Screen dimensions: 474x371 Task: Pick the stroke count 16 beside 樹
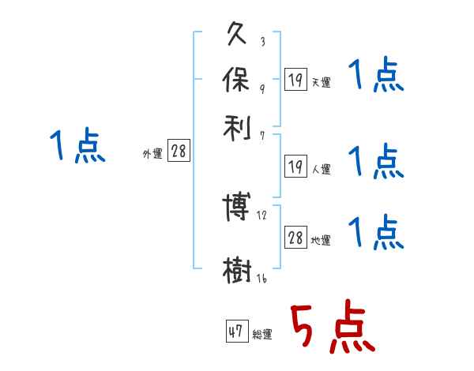pyautogui.click(x=261, y=279)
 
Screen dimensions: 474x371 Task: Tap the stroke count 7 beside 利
pyautogui.click(x=262, y=136)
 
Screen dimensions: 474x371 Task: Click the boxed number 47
pyautogui.click(x=235, y=332)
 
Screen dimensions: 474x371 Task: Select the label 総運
pyautogui.click(x=261, y=335)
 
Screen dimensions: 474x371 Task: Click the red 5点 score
pyautogui.click(x=331, y=328)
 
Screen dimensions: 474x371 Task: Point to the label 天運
pyautogui.click(x=321, y=81)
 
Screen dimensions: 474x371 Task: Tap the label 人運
pyautogui.click(x=321, y=169)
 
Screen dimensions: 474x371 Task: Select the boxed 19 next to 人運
pyautogui.click(x=295, y=166)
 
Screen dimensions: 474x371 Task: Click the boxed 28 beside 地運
pyautogui.click(x=295, y=238)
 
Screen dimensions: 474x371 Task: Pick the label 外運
pyautogui.click(x=152, y=155)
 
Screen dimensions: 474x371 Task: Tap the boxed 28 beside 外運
pyautogui.click(x=179, y=152)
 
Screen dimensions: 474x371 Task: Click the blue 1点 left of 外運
pyautogui.click(x=77, y=147)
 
